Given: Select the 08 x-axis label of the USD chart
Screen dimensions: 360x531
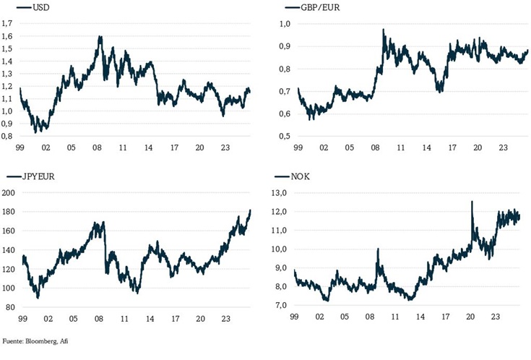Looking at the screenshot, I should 98,148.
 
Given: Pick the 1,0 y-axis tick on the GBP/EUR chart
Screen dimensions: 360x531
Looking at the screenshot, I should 285,24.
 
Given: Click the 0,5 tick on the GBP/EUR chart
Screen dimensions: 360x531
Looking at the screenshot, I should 285,136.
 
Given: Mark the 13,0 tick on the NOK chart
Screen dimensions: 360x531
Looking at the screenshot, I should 282,193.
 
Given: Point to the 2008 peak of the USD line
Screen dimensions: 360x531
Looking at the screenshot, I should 100,37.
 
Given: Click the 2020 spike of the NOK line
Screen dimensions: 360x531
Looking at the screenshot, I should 472,202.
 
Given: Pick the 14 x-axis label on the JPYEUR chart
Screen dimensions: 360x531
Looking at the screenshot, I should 149,318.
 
